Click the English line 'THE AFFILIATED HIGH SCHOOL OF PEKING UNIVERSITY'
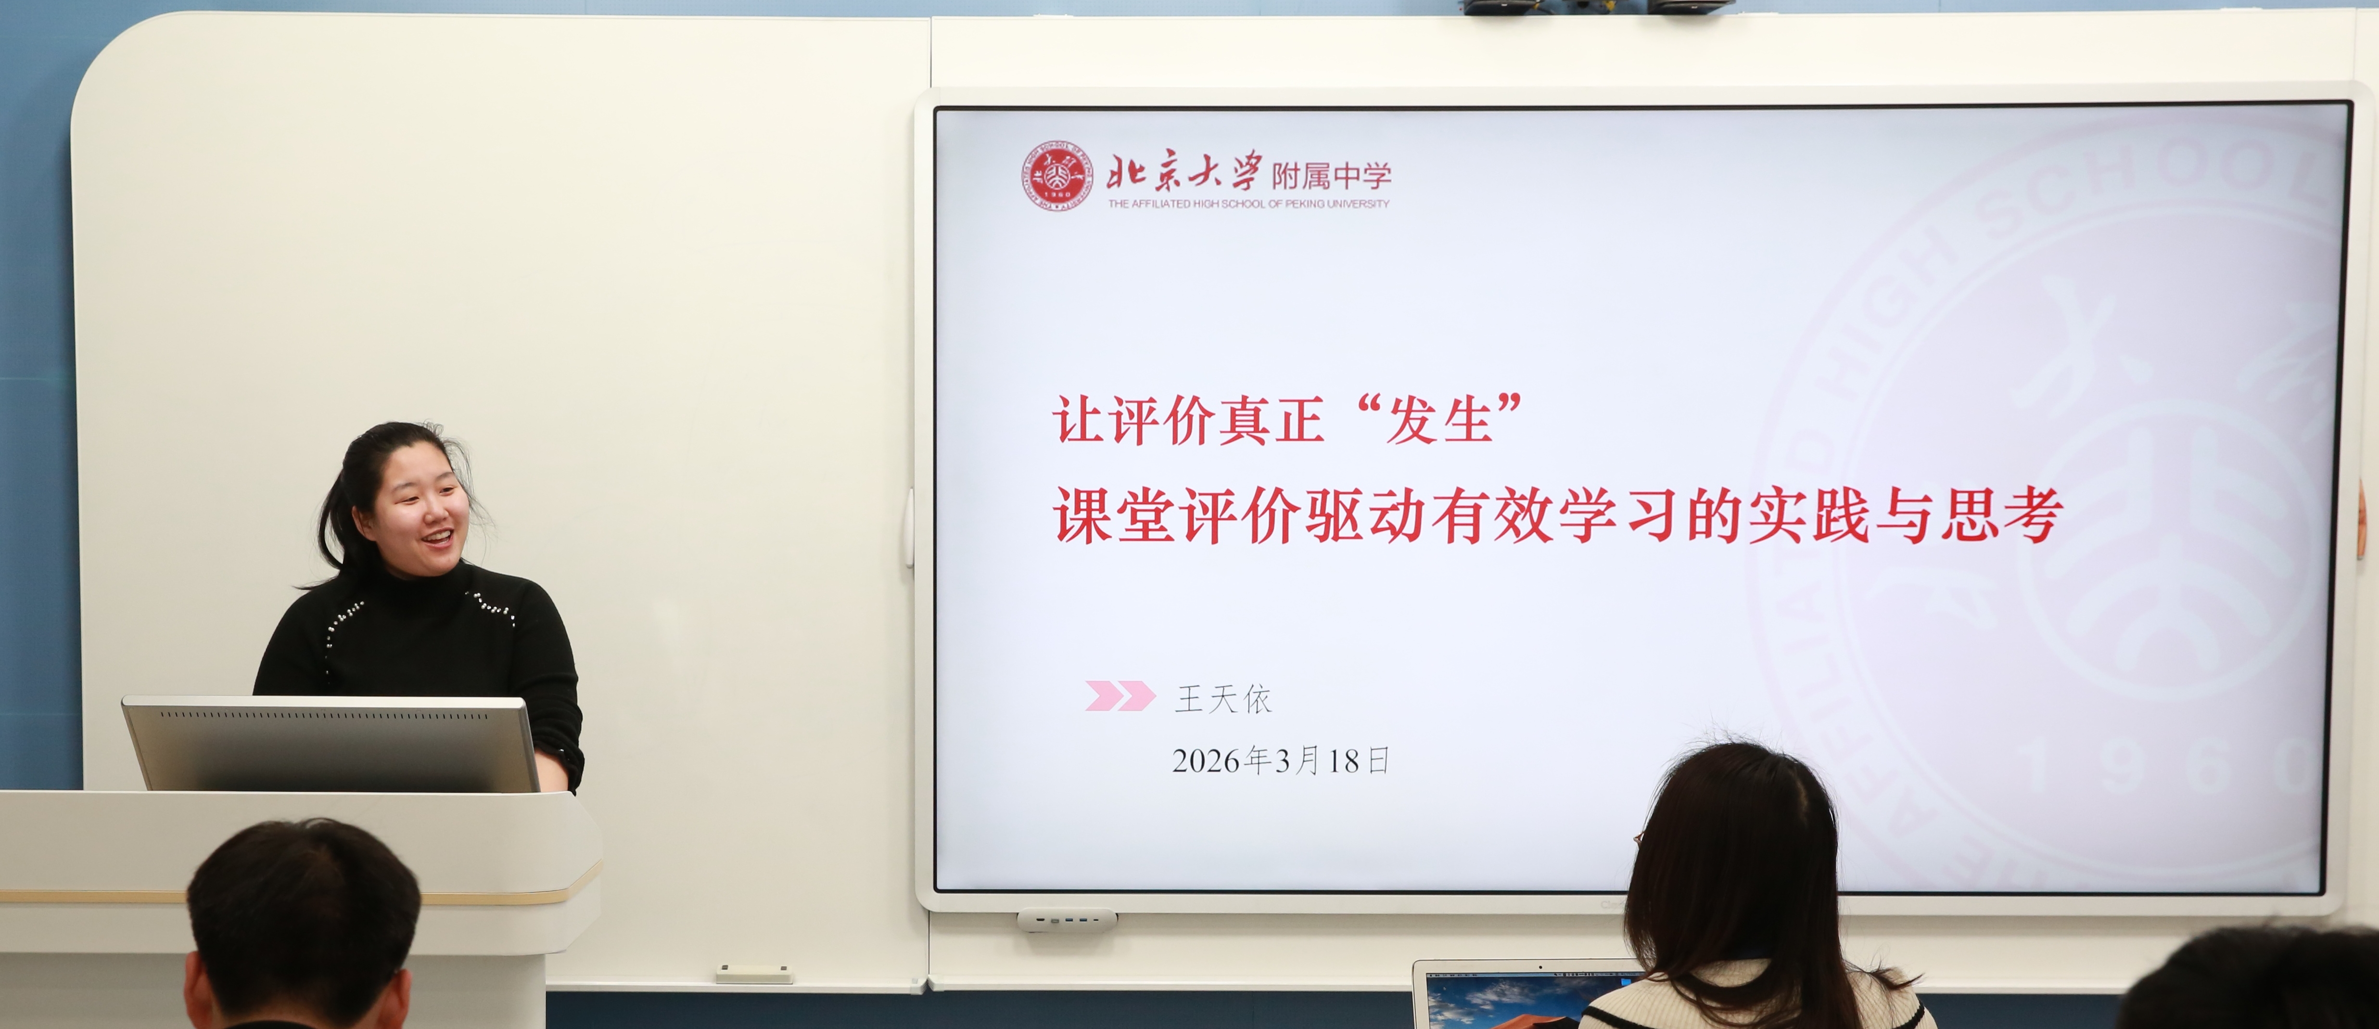[x=1248, y=203]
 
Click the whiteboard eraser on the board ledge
[x=754, y=974]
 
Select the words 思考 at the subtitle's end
[x=2001, y=515]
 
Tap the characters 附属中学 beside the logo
[x=1331, y=175]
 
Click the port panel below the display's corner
[x=1067, y=920]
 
